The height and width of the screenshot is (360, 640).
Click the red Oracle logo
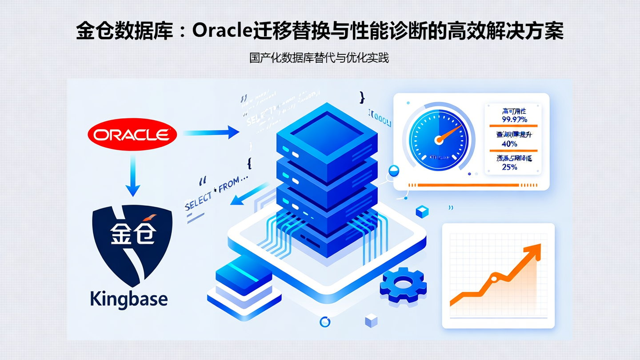(x=132, y=134)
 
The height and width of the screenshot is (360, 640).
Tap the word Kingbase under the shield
(x=129, y=299)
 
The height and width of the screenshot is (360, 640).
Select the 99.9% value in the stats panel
(x=514, y=119)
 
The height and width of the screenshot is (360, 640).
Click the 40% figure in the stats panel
(x=509, y=144)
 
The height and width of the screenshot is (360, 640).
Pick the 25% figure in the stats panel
(x=509, y=167)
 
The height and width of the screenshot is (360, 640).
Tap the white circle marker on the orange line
(x=493, y=278)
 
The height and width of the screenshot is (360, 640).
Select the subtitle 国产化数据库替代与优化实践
(x=319, y=58)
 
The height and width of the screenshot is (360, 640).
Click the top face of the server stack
(x=328, y=132)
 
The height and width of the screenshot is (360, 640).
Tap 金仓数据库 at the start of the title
(x=124, y=31)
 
